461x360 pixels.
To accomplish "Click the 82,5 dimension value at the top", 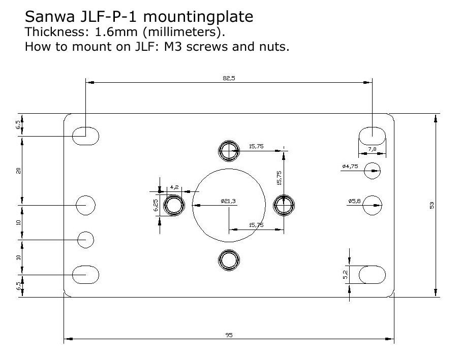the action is point(229,78).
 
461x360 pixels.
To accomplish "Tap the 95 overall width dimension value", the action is point(229,335).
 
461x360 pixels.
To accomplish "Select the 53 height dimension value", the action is point(432,205).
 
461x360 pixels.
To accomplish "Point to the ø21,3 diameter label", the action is point(228,201).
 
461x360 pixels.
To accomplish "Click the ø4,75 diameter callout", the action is point(350,166).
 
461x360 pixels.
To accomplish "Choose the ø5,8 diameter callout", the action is point(354,201).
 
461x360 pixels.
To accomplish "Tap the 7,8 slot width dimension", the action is point(372,149).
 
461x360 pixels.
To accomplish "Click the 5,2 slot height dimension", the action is point(346,275).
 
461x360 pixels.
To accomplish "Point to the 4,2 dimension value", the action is point(174,187).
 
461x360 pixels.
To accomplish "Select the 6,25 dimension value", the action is point(156,205).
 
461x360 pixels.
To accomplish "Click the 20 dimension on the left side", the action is point(18,171).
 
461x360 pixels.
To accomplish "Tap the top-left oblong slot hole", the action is point(85,136).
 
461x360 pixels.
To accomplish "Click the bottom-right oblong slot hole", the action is point(372,275).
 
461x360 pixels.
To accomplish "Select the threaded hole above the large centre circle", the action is point(229,151).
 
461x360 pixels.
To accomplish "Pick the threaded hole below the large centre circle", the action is point(229,260).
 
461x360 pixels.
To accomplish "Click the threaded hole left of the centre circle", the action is point(174,205).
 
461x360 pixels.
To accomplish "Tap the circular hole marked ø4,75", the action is point(372,171).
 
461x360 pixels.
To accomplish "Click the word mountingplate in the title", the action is point(198,17).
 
